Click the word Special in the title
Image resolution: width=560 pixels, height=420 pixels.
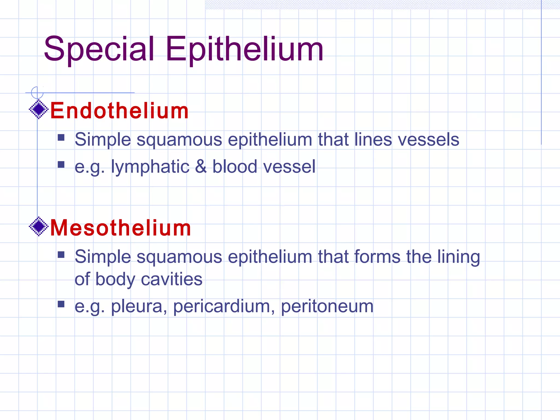(99, 49)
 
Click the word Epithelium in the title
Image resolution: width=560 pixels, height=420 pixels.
(244, 49)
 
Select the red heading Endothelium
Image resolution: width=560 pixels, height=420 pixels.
(119, 111)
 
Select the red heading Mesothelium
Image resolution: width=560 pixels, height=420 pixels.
(121, 228)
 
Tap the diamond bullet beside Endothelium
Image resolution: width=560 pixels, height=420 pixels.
(39, 109)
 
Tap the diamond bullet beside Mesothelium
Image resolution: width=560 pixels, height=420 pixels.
(39, 226)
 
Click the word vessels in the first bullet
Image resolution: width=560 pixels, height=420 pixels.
(428, 139)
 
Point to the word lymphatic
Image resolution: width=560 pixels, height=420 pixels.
(150, 167)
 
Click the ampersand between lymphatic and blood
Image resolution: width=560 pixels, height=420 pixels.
(201, 167)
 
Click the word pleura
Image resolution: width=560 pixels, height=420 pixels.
(139, 306)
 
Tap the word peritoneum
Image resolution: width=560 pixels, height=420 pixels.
(327, 306)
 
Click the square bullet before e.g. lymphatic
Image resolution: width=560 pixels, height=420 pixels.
(61, 164)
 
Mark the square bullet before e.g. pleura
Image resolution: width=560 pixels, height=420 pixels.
(61, 304)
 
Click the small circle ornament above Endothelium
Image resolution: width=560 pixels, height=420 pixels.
(37, 92)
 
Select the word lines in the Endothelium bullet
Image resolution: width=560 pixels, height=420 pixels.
(373, 139)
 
